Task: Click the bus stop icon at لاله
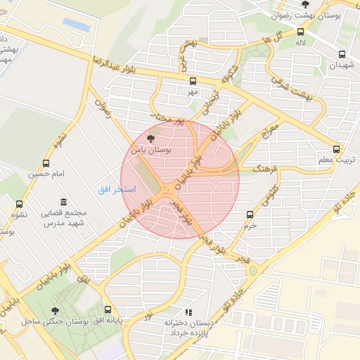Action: (301, 32)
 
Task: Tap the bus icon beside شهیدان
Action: (342, 54)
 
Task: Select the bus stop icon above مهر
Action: (192, 81)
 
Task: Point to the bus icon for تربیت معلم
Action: (337, 149)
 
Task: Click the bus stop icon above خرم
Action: (250, 214)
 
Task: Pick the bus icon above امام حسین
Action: (46, 163)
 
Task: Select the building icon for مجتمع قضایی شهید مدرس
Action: (64, 202)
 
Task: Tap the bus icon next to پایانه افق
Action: (108, 309)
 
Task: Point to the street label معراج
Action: (270, 134)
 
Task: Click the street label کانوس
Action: (270, 197)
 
